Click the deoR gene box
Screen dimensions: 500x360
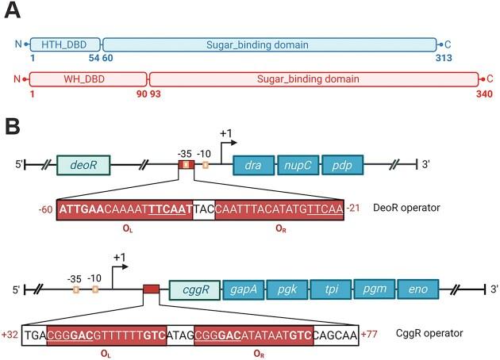(x=83, y=165)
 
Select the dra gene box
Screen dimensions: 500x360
(x=253, y=165)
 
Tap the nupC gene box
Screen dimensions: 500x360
(x=298, y=165)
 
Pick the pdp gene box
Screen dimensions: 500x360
(x=343, y=165)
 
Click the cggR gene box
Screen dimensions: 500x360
(x=194, y=289)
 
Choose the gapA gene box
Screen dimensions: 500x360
(x=244, y=289)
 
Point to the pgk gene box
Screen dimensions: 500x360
(x=287, y=289)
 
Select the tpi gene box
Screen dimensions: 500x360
(x=331, y=289)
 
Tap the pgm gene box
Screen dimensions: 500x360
(x=375, y=289)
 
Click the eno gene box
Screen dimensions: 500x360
(x=418, y=289)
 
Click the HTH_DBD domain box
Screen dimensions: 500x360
(x=65, y=44)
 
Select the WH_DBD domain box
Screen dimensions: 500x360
(x=88, y=79)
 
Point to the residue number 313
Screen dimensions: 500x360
(x=444, y=58)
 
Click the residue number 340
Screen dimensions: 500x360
(x=484, y=94)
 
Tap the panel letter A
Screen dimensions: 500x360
(x=13, y=10)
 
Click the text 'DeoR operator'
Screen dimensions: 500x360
(x=406, y=208)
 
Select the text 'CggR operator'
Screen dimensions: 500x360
(x=429, y=333)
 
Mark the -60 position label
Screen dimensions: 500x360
(x=45, y=209)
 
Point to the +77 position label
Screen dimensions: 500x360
(x=369, y=335)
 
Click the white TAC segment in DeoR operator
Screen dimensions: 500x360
(x=204, y=209)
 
